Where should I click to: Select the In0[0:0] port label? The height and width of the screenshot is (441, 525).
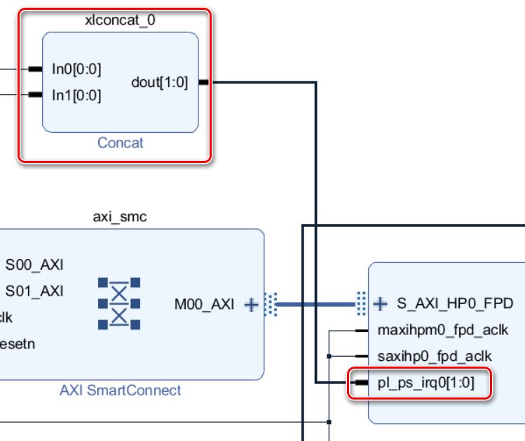tap(76, 69)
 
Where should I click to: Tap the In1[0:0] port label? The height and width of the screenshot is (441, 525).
tap(76, 96)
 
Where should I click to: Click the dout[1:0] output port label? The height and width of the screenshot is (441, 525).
tap(160, 82)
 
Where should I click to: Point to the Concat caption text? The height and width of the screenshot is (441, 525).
tap(120, 143)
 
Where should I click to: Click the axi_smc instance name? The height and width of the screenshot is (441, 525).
tap(120, 216)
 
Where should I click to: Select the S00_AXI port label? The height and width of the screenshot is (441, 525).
tap(34, 265)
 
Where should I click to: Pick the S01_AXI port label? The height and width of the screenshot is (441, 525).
tap(34, 291)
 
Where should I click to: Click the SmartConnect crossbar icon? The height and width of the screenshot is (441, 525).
tap(119, 303)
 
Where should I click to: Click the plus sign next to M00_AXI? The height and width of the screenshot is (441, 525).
tap(250, 305)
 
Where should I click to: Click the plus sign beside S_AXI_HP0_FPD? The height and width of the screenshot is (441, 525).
tap(381, 303)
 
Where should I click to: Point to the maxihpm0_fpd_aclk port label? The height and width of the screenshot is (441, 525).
tap(443, 330)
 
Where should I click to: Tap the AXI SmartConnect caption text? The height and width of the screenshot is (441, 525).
tap(120, 390)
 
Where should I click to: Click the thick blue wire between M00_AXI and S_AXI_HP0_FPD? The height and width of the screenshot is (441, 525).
tap(315, 305)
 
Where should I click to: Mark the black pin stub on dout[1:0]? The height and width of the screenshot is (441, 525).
tap(204, 82)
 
